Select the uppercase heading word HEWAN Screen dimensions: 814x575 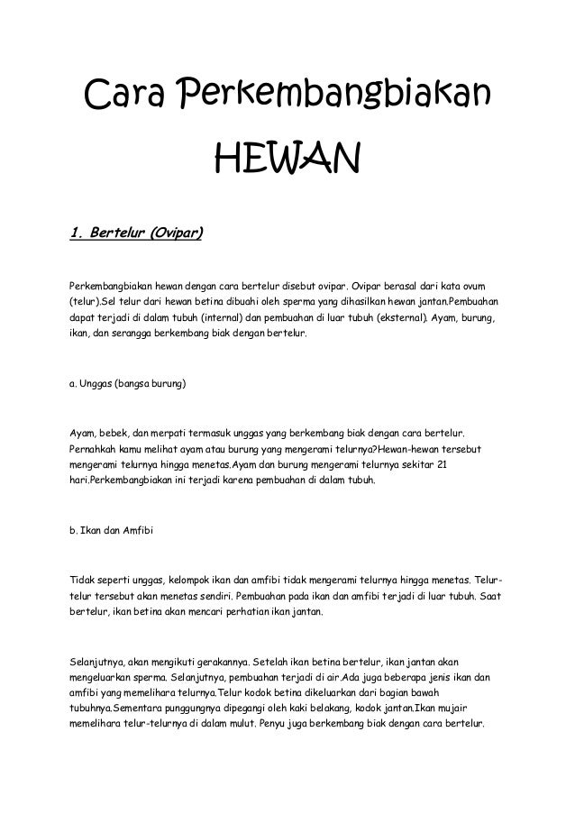[x=287, y=161]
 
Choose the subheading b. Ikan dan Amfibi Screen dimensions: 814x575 [x=113, y=530]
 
